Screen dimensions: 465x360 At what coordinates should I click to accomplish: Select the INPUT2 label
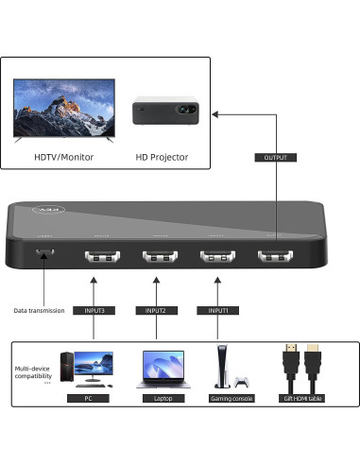[x=157, y=309]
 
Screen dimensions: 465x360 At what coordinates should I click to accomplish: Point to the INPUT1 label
[x=217, y=309]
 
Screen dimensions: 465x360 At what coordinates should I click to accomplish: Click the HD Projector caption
[x=163, y=157]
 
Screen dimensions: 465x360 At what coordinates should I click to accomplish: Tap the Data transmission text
[x=39, y=310]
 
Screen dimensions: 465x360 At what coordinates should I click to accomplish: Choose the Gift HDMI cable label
[x=303, y=399]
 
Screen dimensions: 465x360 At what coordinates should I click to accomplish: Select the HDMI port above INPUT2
[x=159, y=256]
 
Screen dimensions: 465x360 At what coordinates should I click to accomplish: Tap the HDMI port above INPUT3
[x=99, y=256]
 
